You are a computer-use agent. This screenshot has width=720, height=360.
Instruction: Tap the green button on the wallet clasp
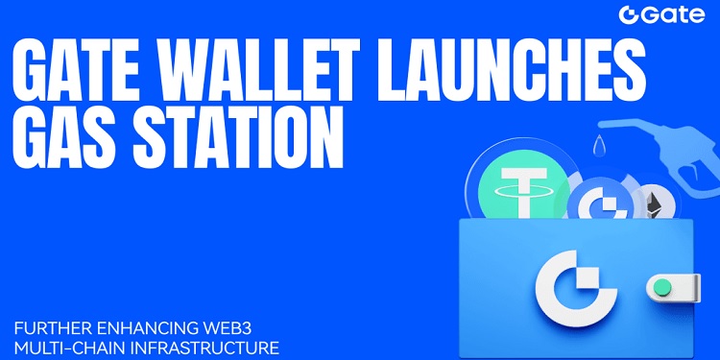pyautogui.click(x=660, y=286)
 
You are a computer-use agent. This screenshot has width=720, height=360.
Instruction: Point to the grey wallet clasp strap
pyautogui.click(x=677, y=286)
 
